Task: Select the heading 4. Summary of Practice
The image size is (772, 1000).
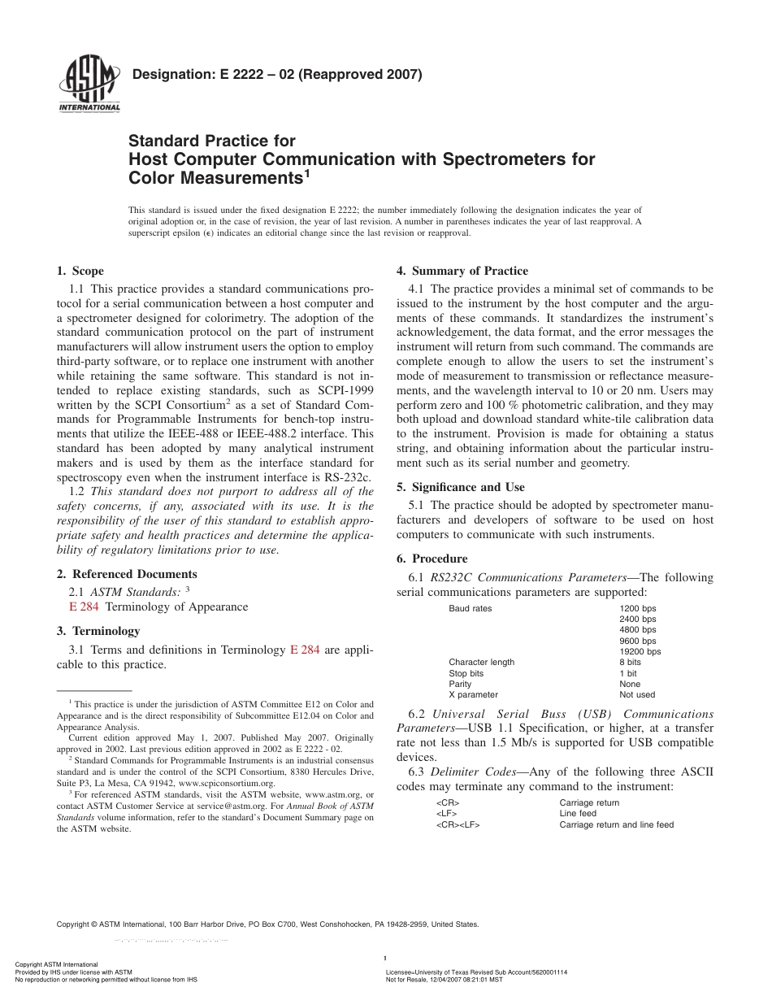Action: pos(462,271)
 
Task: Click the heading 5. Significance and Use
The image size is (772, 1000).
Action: pos(460,487)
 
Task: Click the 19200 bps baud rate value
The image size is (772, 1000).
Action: pos(640,651)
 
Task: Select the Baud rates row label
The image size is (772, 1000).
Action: pos(470,608)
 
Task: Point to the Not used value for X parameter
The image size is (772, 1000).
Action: pos(636,695)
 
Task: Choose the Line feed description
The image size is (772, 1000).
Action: pos(577,813)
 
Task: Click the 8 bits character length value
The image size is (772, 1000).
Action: pos(630,662)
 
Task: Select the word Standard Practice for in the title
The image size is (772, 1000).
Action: pos(212,141)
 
